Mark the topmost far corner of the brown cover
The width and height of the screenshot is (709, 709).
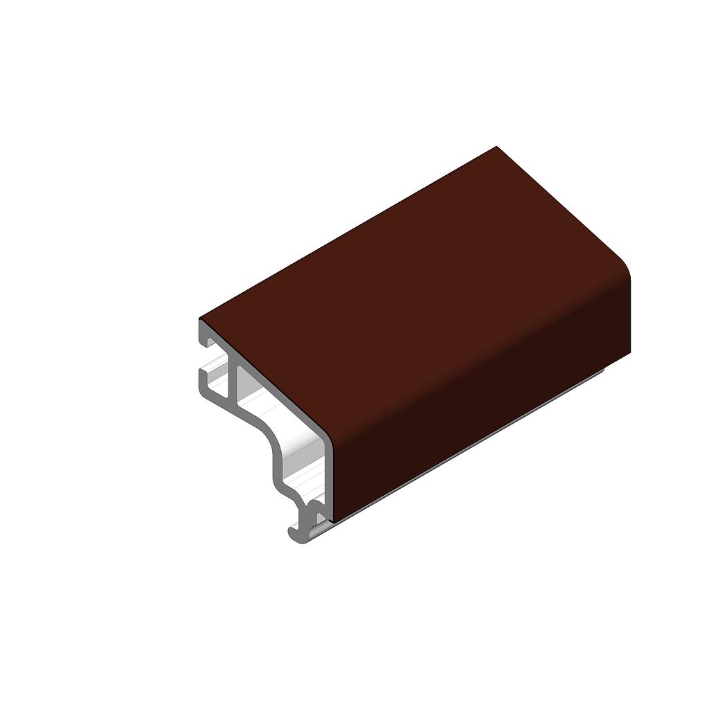click(x=496, y=147)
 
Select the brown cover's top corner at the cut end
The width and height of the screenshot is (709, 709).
click(x=201, y=319)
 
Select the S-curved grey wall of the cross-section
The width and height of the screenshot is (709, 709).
click(x=267, y=443)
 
